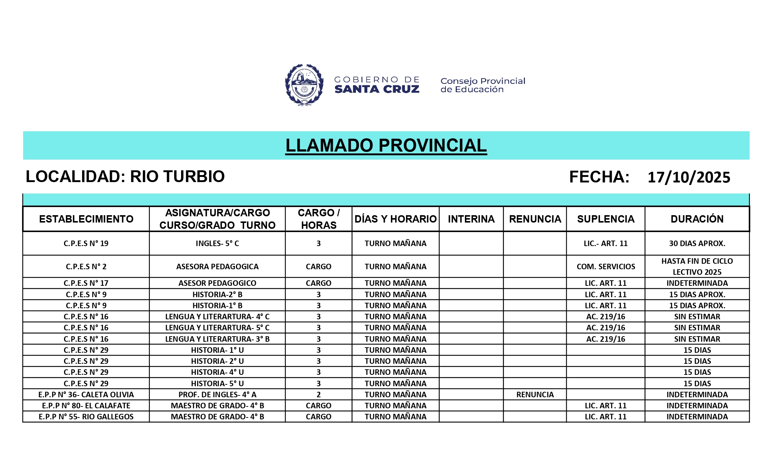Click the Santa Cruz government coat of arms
point(304,85)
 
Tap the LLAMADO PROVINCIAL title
point(386,146)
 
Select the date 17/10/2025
point(689,177)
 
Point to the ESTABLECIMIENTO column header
point(86,219)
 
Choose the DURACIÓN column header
point(697,219)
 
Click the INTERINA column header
point(471,219)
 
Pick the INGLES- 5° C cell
point(217,244)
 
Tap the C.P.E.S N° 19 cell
point(86,244)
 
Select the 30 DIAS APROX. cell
point(697,244)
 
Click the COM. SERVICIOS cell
point(606,267)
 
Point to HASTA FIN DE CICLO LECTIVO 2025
point(697,267)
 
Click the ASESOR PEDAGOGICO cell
point(217,283)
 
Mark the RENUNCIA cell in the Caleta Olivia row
point(535,395)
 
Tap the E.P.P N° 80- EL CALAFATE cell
point(86,406)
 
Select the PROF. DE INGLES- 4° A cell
point(217,395)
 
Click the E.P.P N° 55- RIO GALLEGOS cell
point(86,417)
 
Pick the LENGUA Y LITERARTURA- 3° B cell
point(217,339)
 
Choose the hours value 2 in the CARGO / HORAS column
point(318,395)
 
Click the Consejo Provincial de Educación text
point(483,85)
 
